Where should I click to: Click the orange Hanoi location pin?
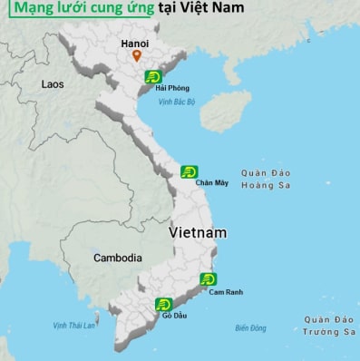click(x=137, y=56)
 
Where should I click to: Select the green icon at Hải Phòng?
click(x=153, y=77)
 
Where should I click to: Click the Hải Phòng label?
click(x=172, y=88)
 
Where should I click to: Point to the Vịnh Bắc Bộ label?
click(x=177, y=102)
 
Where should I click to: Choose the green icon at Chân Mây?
click(x=189, y=171)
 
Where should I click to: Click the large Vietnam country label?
click(x=197, y=233)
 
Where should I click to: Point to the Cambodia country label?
click(x=119, y=258)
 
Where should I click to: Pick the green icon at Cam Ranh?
click(x=208, y=279)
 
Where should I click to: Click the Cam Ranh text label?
click(x=227, y=291)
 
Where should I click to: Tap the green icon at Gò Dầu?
click(x=163, y=304)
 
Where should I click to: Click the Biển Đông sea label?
click(x=251, y=327)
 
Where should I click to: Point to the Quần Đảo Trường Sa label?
click(x=328, y=326)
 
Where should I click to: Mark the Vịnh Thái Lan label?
click(x=73, y=325)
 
